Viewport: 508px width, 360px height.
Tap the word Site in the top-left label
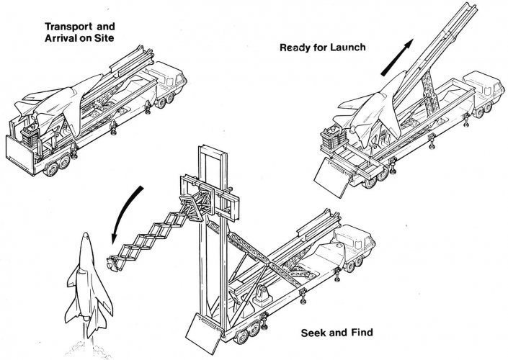pos(104,38)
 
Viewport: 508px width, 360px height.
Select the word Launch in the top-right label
pos(348,48)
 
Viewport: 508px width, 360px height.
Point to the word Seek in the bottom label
pos(312,333)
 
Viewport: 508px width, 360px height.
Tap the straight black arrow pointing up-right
pos(397,58)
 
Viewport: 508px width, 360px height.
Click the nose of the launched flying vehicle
pos(85,234)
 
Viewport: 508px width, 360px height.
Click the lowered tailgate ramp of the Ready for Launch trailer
pos(333,177)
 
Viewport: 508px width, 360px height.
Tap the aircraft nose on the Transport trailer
pos(99,77)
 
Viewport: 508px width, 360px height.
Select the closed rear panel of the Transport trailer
pos(20,156)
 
